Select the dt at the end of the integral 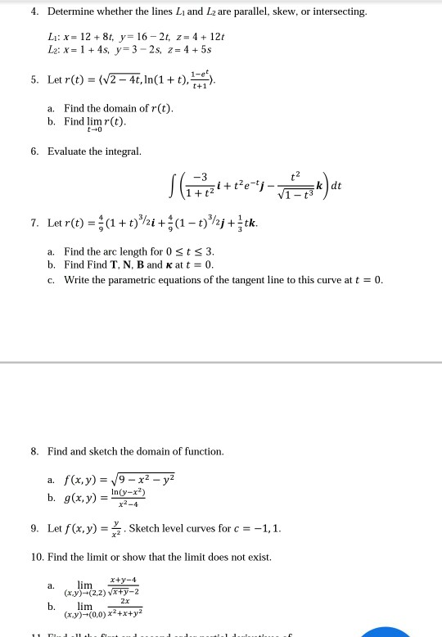[335, 186]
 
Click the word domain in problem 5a [122, 108]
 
